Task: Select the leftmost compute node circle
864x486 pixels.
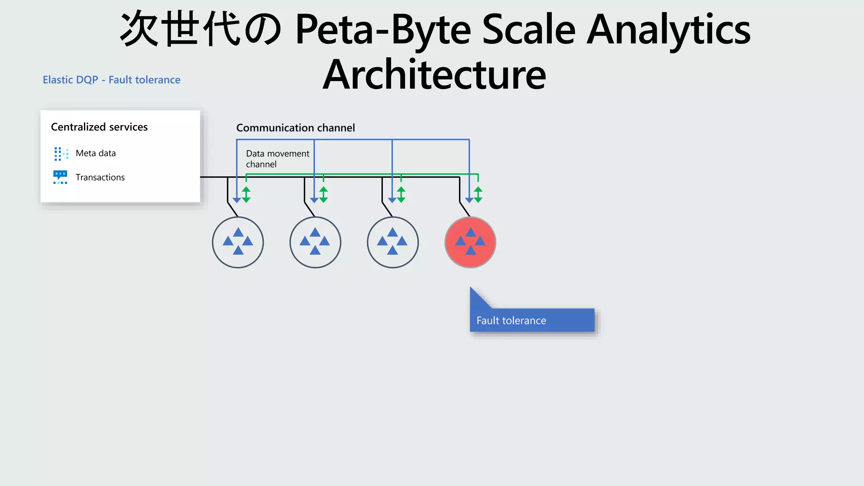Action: point(238,242)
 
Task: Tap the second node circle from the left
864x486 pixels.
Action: point(315,242)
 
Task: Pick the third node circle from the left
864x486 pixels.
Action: point(393,242)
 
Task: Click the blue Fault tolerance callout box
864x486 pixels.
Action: point(532,320)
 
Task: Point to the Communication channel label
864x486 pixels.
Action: point(295,128)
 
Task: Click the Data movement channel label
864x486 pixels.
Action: point(277,159)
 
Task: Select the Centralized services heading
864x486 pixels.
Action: point(99,127)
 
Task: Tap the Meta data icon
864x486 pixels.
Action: point(61,154)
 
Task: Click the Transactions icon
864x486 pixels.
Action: point(60,177)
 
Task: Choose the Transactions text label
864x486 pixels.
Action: point(100,177)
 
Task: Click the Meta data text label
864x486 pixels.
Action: point(96,153)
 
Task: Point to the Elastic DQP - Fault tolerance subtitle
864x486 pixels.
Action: point(111,80)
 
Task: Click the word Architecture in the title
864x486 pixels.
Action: point(435,75)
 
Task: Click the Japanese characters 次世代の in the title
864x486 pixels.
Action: point(201,30)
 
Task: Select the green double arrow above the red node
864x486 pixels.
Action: point(478,194)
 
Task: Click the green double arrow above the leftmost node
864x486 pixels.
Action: point(246,194)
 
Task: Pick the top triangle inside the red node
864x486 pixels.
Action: point(470,232)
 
